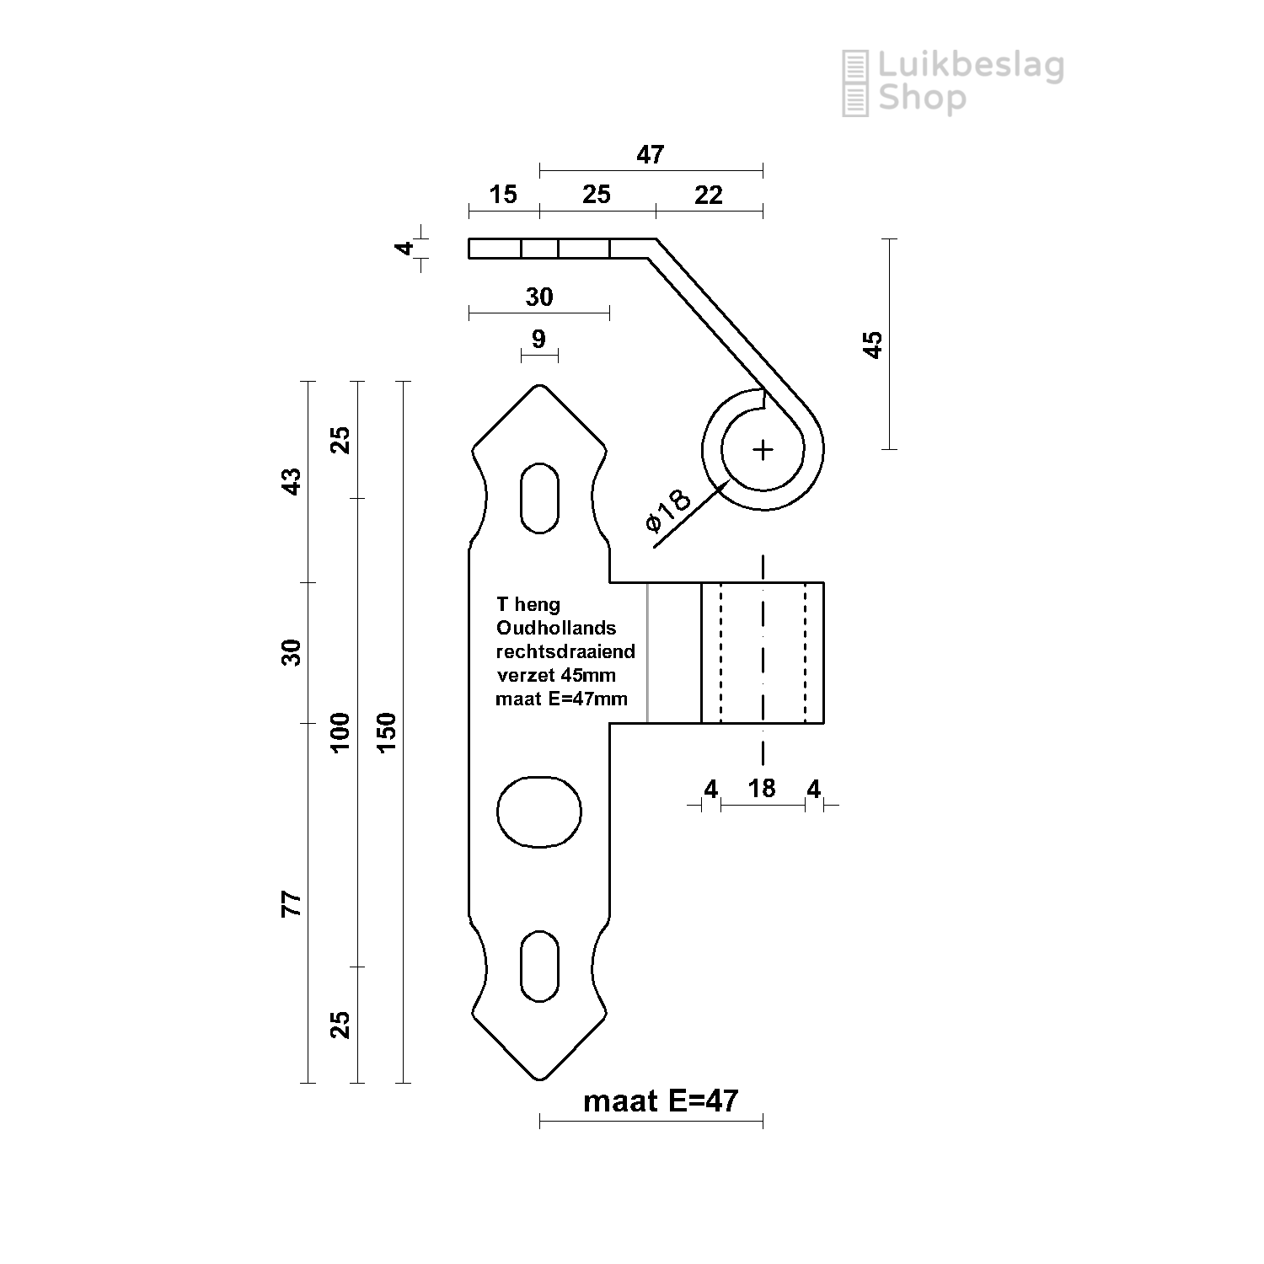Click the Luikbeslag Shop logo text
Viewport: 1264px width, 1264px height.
pos(969,82)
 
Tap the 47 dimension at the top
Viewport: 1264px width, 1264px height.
pos(650,154)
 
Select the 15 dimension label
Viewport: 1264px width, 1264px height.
pos(503,195)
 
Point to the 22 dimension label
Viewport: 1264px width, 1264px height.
pos(709,195)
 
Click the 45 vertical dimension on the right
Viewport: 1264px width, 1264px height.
pos(874,345)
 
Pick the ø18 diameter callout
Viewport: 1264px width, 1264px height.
pos(668,511)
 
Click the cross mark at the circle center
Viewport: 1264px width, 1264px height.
pos(763,450)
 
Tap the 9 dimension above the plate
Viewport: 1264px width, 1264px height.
pos(539,339)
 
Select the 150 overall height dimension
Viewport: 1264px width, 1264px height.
pos(386,732)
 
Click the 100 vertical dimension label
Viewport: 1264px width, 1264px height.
pos(340,732)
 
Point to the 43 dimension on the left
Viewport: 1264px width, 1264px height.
pos(291,481)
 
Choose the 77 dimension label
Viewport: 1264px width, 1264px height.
pos(291,903)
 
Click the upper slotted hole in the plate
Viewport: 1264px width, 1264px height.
pos(539,497)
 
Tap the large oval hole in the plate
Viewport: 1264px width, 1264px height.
pos(539,811)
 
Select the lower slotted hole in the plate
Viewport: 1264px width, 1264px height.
pos(539,967)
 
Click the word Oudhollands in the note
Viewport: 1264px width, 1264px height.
pos(556,628)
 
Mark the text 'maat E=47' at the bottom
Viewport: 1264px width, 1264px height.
pos(660,1101)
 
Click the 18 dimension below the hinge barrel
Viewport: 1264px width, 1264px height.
pos(762,788)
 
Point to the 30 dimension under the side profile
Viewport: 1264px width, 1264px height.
pos(539,297)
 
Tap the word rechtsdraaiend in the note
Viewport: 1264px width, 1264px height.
pos(565,651)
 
